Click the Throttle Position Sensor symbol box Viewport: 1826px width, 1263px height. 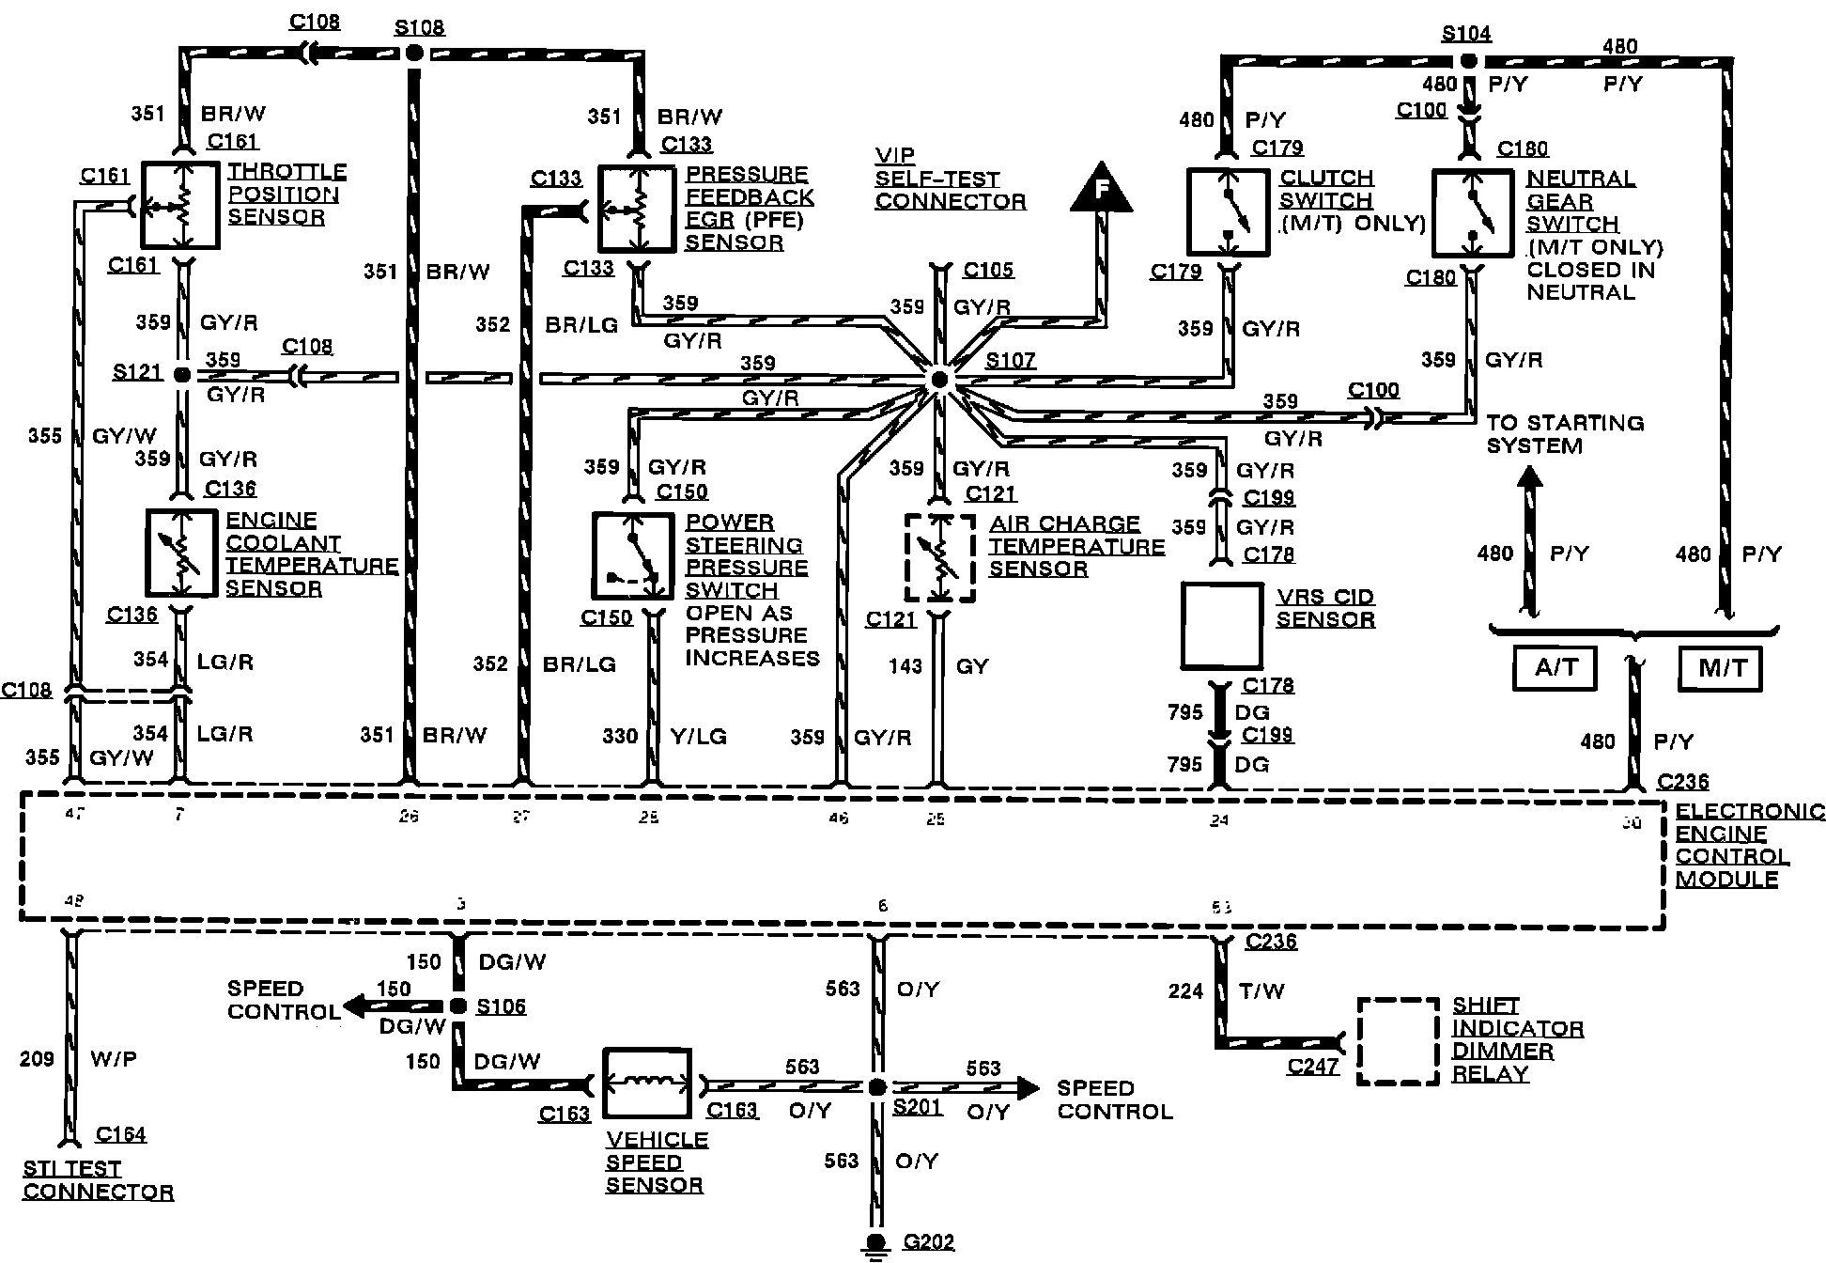click(x=180, y=205)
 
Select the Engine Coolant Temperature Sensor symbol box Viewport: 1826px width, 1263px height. click(x=181, y=554)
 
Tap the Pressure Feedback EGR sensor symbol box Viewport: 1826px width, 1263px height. click(x=638, y=210)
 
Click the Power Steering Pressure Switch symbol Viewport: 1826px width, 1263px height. click(x=632, y=555)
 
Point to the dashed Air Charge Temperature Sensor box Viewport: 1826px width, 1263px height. click(x=939, y=557)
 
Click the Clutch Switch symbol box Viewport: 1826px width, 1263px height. click(x=1228, y=212)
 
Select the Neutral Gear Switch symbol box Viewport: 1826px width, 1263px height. click(x=1472, y=213)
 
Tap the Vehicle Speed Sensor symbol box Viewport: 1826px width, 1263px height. click(x=647, y=1084)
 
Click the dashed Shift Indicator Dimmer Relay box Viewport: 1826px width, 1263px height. click(x=1399, y=1041)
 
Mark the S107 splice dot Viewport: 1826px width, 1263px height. click(x=938, y=380)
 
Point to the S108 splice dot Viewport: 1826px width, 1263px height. click(x=412, y=54)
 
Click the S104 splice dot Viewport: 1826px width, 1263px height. click(x=1468, y=61)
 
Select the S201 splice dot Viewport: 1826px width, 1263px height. click(x=876, y=1087)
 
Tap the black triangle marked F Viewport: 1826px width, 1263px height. click(x=1102, y=189)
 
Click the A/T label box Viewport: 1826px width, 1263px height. click(x=1555, y=668)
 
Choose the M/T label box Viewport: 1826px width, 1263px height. click(x=1721, y=668)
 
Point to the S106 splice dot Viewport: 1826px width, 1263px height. click(x=458, y=1006)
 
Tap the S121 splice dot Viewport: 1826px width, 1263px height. click(x=183, y=375)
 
